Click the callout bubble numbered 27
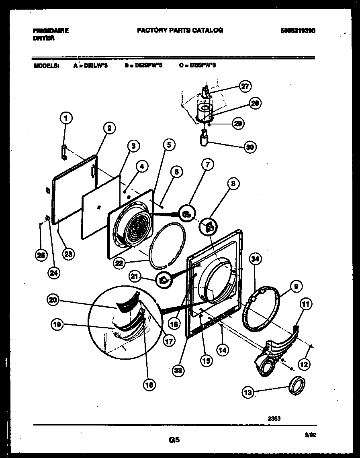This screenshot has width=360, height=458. coord(244,86)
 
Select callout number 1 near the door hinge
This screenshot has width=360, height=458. coord(66,118)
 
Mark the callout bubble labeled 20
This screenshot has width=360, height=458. coord(53,299)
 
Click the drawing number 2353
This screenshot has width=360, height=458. coord(274,418)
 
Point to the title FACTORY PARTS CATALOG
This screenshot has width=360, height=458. coord(180,30)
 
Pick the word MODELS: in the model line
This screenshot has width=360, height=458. coord(46,65)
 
